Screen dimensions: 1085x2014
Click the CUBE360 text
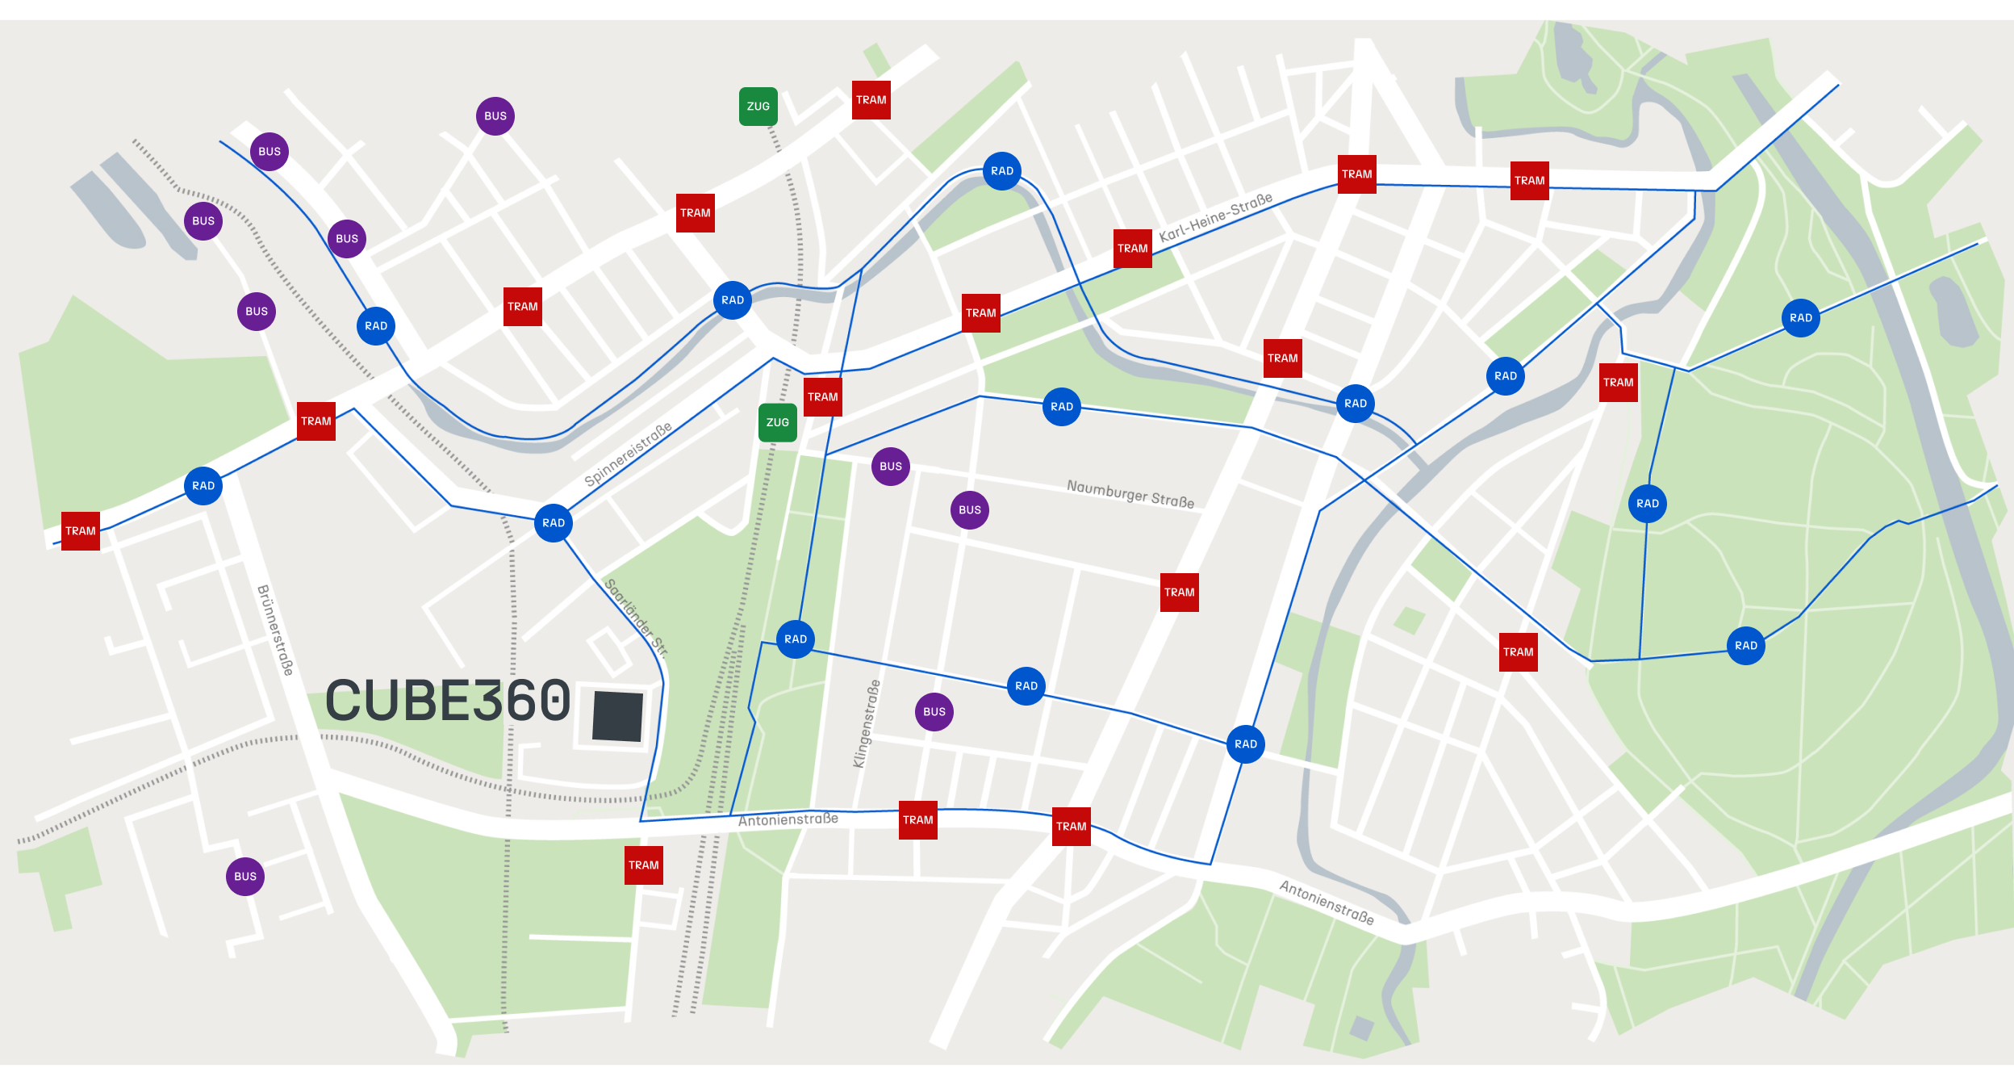click(x=448, y=700)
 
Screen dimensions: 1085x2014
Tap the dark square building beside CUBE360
click(x=617, y=715)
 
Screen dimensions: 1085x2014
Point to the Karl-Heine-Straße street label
click(x=1216, y=216)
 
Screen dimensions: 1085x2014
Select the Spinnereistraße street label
click(x=628, y=455)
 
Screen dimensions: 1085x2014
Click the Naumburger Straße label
click(x=1130, y=493)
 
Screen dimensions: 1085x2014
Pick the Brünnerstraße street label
click(x=275, y=630)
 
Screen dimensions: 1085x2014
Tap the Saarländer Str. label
click(x=637, y=618)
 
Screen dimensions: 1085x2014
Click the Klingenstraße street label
click(x=867, y=723)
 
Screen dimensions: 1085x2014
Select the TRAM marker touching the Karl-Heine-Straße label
click(x=1133, y=249)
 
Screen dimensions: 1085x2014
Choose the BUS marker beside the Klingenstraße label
click(x=934, y=712)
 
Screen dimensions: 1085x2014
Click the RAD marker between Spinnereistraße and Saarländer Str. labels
click(x=554, y=523)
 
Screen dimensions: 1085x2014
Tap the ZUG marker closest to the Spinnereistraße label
click(x=778, y=423)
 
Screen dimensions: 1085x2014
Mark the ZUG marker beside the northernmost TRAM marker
click(x=758, y=107)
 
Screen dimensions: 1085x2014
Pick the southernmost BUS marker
click(x=245, y=877)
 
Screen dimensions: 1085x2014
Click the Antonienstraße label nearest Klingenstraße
click(x=788, y=819)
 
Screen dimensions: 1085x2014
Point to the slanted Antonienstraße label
click(x=1327, y=903)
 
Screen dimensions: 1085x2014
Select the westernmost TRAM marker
click(x=81, y=531)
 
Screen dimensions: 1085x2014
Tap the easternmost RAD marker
click(x=1801, y=318)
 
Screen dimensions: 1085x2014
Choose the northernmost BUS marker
click(x=495, y=116)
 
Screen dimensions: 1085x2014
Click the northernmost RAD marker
click(x=1002, y=171)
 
